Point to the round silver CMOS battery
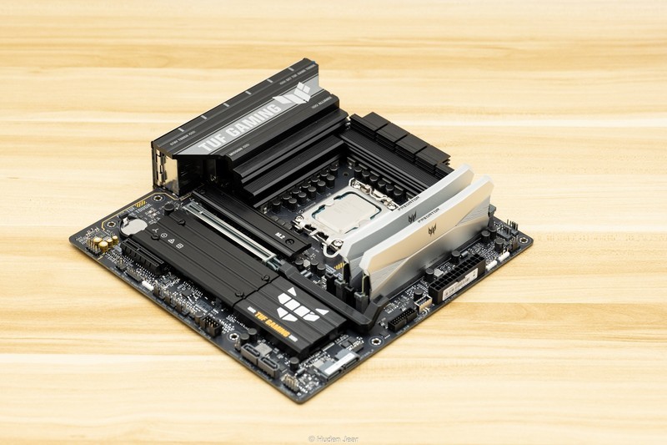pyautogui.click(x=133, y=224)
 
